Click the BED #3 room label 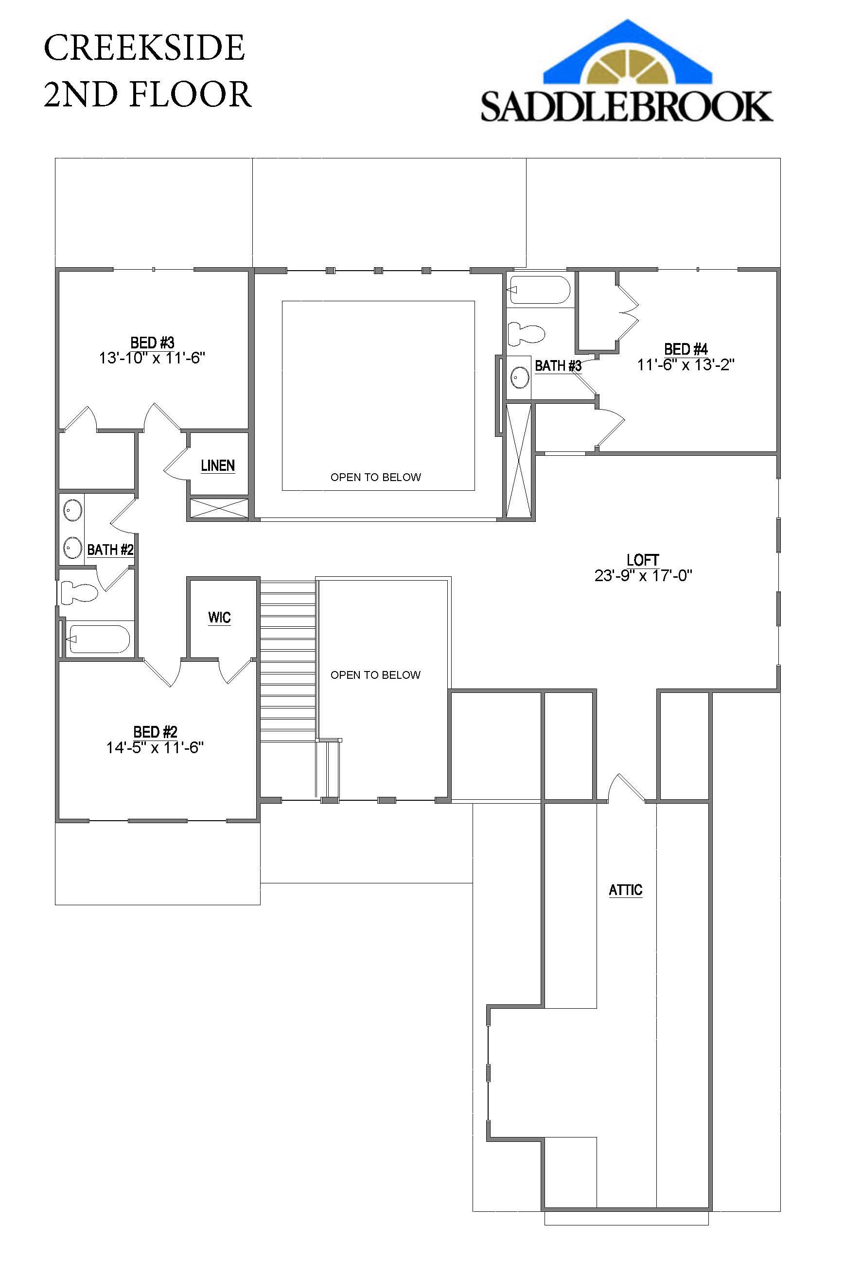tap(152, 343)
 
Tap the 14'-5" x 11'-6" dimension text tap(155, 747)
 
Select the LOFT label tap(643, 560)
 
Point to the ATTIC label tap(625, 890)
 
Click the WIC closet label tap(219, 617)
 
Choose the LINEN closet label tap(217, 465)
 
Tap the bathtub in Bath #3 tap(539, 291)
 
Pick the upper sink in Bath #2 tap(72, 508)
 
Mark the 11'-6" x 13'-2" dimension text tap(685, 365)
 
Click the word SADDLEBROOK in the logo tap(627, 106)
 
